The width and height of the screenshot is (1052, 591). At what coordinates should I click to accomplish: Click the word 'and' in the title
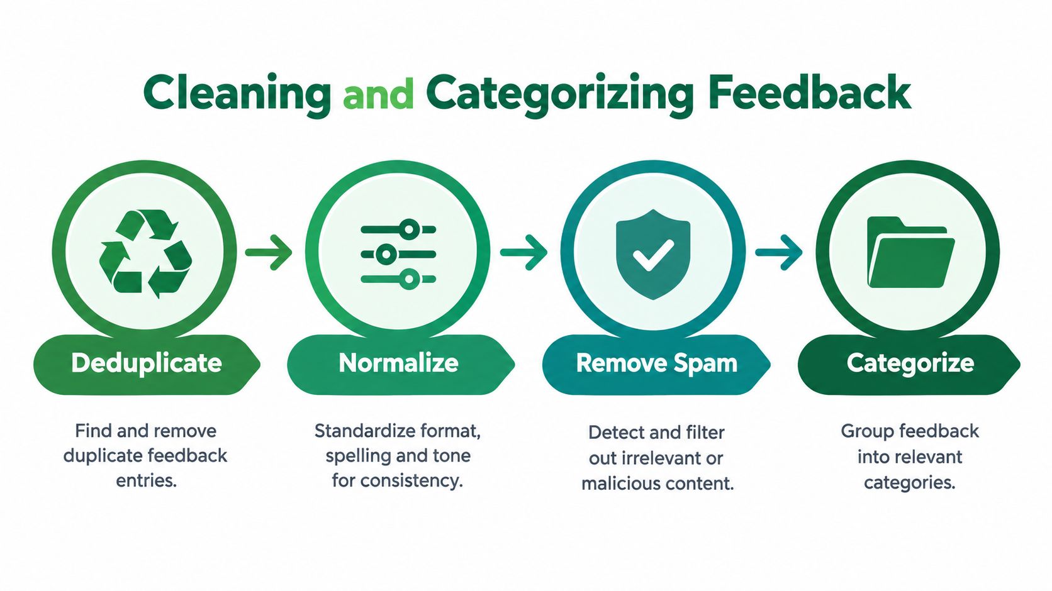[x=379, y=94]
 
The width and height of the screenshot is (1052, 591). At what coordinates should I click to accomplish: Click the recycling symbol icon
[x=145, y=253]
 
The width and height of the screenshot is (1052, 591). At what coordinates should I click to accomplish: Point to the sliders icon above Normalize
[x=398, y=254]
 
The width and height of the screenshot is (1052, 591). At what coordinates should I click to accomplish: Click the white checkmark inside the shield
[x=653, y=255]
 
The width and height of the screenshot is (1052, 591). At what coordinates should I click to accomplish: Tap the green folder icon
[x=910, y=252]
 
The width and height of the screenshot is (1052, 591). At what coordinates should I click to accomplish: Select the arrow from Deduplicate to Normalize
[x=269, y=253]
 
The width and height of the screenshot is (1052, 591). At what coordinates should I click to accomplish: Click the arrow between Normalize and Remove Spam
[x=523, y=253]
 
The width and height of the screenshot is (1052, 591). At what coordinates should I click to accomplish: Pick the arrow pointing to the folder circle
[x=779, y=253]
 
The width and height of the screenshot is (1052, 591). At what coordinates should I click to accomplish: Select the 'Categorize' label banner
[x=909, y=364]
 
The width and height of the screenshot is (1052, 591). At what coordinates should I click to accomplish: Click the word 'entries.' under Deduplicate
[x=146, y=481]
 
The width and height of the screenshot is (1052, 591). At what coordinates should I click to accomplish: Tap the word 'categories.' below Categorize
[x=910, y=483]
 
